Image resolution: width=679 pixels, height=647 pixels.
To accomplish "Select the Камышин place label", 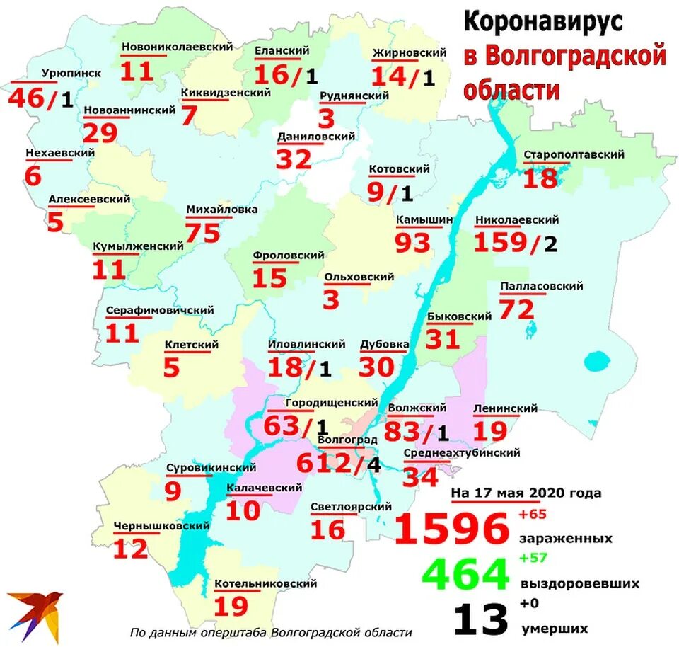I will [x=424, y=219].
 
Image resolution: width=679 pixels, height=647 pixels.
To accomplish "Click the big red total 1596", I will [x=451, y=529].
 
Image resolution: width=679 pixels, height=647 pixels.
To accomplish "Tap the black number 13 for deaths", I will [x=480, y=619].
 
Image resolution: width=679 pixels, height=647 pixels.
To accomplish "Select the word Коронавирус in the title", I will [x=543, y=22].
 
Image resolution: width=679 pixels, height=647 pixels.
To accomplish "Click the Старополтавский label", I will [x=574, y=154].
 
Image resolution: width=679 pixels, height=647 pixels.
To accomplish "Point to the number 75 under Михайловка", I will [x=203, y=232].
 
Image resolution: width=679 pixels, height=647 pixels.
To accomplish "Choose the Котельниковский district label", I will [x=265, y=583].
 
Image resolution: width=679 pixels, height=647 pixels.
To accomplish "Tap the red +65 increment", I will [x=533, y=514].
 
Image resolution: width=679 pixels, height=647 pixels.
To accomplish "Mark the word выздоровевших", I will [x=580, y=584].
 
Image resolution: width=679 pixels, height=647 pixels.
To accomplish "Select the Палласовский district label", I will [x=541, y=286].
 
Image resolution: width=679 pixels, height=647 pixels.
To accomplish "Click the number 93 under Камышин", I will [x=413, y=243].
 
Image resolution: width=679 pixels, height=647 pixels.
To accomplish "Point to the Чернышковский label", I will [x=161, y=526].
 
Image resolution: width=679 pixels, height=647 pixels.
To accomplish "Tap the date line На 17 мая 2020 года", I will [x=526, y=493].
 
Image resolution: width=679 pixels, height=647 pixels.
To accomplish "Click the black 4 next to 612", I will [x=373, y=466].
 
